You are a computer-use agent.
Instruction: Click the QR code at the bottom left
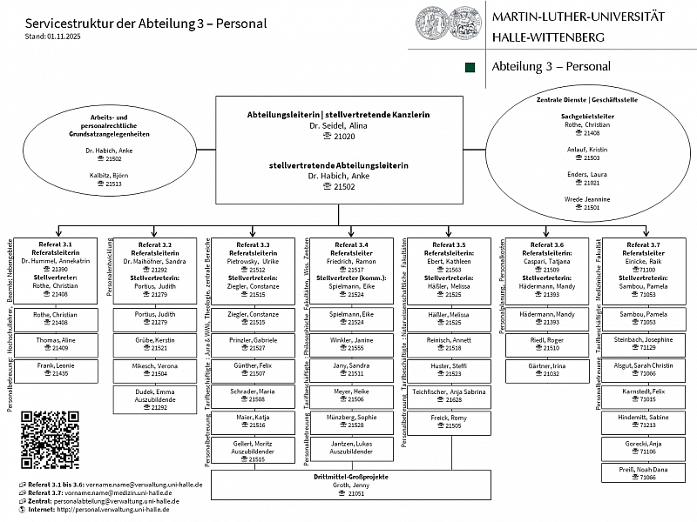50,439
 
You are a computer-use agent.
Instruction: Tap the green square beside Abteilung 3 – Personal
471,67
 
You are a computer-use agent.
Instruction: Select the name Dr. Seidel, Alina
339,126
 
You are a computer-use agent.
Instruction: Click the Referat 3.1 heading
56,244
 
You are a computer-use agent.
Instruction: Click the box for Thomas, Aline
56,344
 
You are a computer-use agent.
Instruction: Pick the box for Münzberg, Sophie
351,422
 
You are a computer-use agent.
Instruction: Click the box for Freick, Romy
449,422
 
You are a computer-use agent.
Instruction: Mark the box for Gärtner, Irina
548,369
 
